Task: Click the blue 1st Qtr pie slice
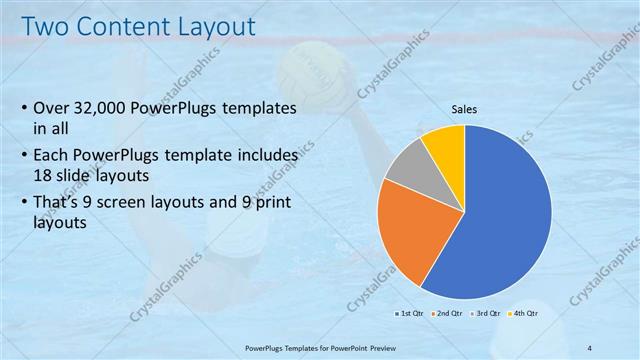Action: (x=505, y=215)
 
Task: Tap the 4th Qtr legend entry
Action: (x=527, y=313)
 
